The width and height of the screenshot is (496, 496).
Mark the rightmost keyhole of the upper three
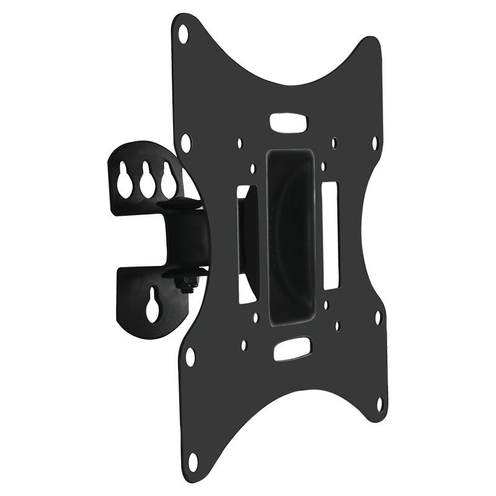coord(165,180)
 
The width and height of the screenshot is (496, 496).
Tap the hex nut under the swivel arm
coord(184,285)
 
